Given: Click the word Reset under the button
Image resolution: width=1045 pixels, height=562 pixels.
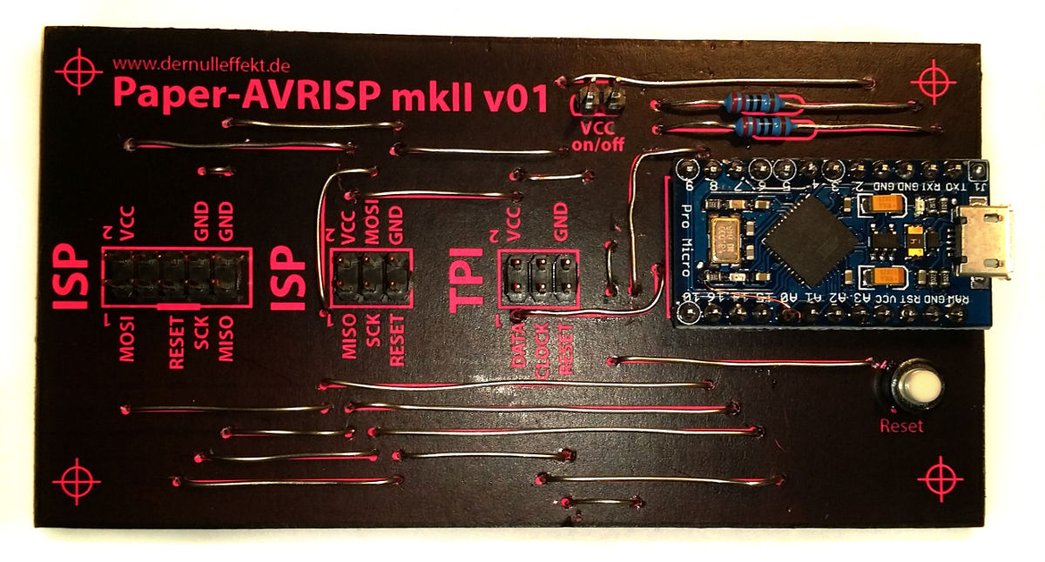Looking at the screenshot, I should [x=900, y=426].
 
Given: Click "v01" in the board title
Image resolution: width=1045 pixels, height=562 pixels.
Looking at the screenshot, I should [x=515, y=95].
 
